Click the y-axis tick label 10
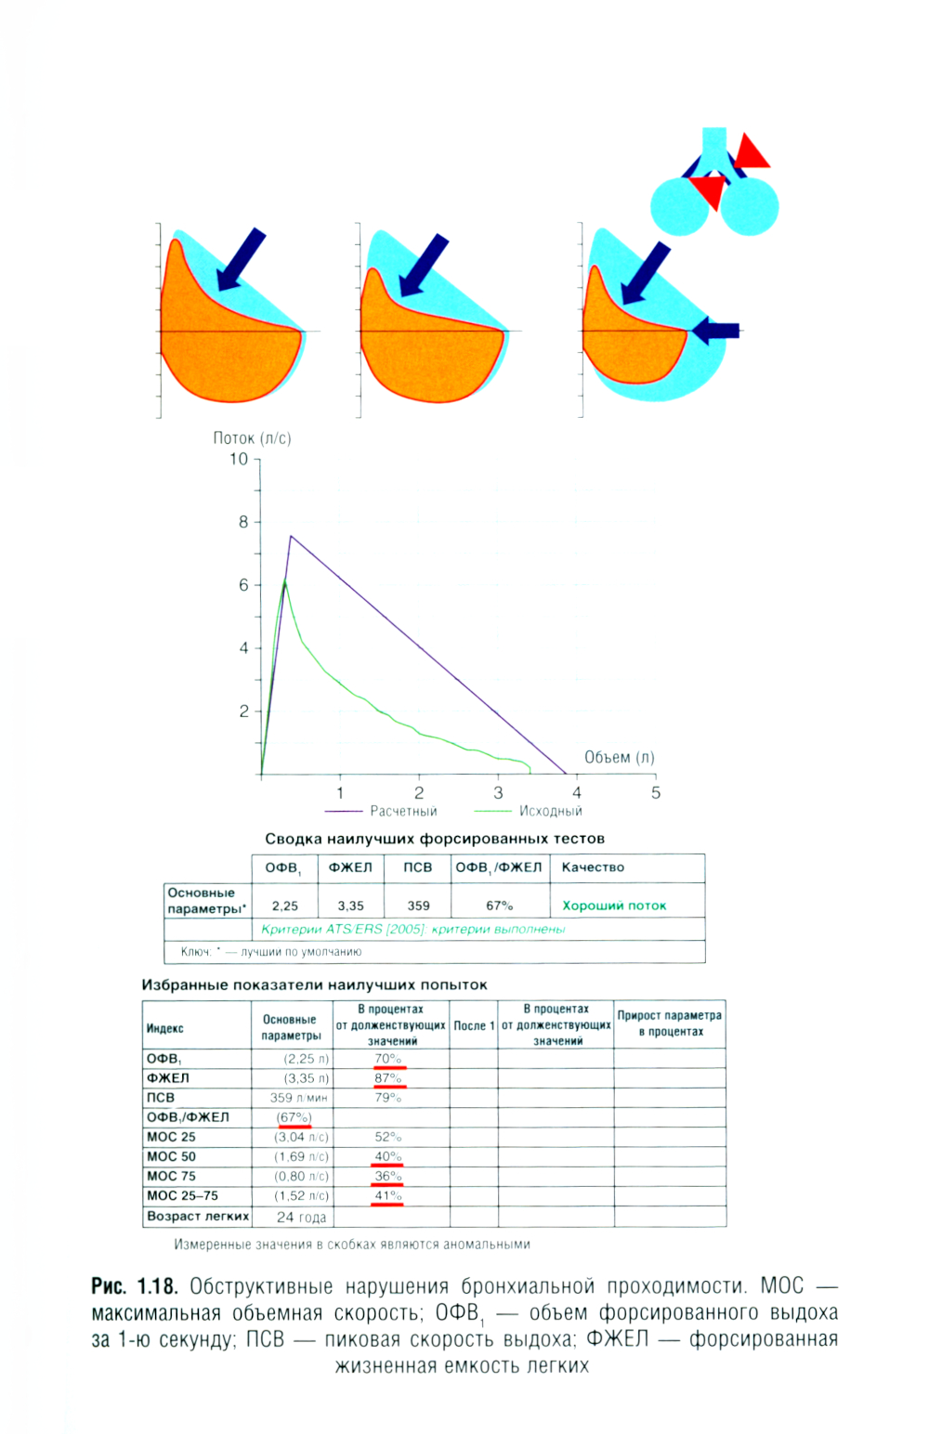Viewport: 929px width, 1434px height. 239,459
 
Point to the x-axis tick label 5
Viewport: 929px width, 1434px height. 656,792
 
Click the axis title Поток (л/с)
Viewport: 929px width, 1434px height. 252,438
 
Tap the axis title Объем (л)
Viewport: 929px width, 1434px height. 619,757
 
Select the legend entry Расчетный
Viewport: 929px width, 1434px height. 403,811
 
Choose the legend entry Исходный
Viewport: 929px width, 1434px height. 550,811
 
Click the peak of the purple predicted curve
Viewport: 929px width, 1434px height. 291,536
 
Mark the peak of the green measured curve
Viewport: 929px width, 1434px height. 284,580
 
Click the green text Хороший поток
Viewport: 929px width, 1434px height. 614,906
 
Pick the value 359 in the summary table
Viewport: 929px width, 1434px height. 418,906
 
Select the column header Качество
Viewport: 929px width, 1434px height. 593,867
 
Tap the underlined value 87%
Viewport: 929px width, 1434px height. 388,1078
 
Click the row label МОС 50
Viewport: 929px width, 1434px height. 172,1156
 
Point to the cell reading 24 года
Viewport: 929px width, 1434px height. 301,1217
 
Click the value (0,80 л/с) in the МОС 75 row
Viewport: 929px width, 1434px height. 301,1176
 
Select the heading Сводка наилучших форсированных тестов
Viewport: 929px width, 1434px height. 435,839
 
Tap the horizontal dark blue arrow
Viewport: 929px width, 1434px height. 716,330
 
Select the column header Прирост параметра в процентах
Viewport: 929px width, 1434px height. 669,1023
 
